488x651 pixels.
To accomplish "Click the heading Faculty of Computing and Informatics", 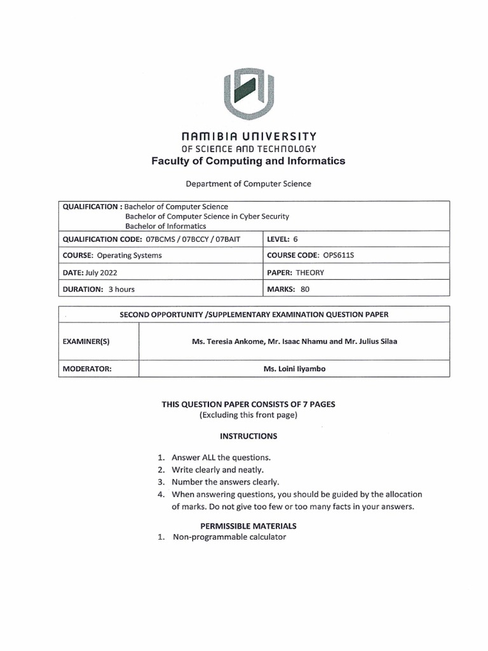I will (248, 161).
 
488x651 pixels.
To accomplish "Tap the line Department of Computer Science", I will (248, 184).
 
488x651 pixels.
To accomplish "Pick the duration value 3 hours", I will (121, 289).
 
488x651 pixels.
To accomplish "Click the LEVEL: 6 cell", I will (283, 238).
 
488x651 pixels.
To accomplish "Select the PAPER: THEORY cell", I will (296, 272).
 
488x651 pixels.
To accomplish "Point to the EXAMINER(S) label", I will (86, 341).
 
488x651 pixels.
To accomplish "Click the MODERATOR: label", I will (87, 368).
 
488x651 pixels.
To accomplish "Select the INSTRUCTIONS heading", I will (248, 436).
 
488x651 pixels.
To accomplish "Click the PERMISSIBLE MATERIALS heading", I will (248, 526).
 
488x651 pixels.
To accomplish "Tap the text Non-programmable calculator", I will (229, 537).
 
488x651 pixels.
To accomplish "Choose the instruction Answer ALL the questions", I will (221, 457).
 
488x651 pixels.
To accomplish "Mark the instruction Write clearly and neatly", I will (217, 469).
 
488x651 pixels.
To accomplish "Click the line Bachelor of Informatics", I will (165, 226).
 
